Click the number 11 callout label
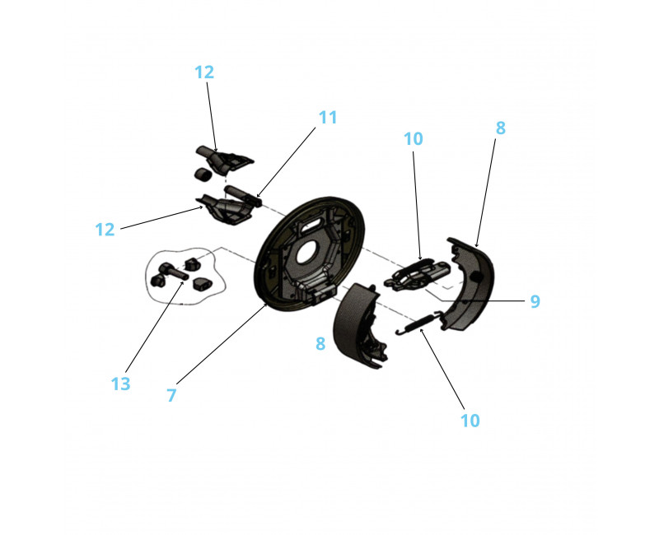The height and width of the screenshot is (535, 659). pyautogui.click(x=328, y=118)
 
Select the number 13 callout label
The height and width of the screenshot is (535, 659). pyautogui.click(x=120, y=384)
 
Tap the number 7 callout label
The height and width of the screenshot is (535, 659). pyautogui.click(x=171, y=395)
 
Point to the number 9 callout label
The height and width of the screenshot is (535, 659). pyautogui.click(x=535, y=301)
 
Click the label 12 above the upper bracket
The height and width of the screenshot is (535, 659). pyautogui.click(x=204, y=72)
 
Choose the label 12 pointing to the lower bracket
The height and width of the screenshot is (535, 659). pyautogui.click(x=105, y=230)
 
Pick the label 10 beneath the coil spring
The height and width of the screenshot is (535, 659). pyautogui.click(x=470, y=421)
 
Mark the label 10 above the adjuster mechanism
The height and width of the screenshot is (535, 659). pyautogui.click(x=414, y=139)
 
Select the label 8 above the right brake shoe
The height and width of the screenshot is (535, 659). pyautogui.click(x=501, y=128)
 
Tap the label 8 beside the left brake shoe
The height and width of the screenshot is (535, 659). pyautogui.click(x=320, y=343)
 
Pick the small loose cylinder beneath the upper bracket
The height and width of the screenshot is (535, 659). pyautogui.click(x=202, y=173)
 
